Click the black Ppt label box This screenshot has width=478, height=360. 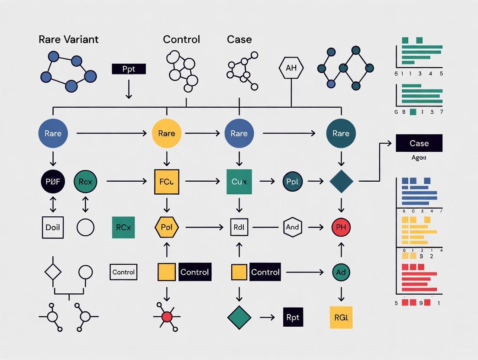(x=129, y=69)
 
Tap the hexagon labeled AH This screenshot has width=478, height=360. (x=291, y=68)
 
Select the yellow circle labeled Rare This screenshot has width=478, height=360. (x=166, y=134)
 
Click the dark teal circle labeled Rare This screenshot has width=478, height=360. (x=341, y=134)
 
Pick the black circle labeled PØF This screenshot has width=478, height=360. (x=53, y=182)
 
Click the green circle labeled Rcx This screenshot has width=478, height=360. (x=85, y=182)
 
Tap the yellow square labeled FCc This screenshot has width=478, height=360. (x=166, y=182)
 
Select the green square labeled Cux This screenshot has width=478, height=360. (x=239, y=182)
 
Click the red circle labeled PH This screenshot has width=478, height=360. (x=341, y=227)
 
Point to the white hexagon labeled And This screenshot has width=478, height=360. (x=293, y=227)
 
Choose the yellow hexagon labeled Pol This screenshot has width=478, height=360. (x=166, y=227)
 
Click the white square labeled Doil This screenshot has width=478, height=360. (x=53, y=227)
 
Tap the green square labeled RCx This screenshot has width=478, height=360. (x=123, y=227)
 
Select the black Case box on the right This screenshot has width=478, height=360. (x=419, y=143)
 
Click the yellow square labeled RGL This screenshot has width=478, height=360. (x=341, y=317)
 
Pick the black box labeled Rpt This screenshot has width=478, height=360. (x=293, y=317)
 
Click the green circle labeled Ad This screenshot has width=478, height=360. (x=341, y=272)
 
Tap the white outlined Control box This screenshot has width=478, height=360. (x=123, y=272)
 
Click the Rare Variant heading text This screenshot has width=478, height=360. (x=68, y=39)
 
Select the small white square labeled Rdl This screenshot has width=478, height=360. (x=239, y=227)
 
